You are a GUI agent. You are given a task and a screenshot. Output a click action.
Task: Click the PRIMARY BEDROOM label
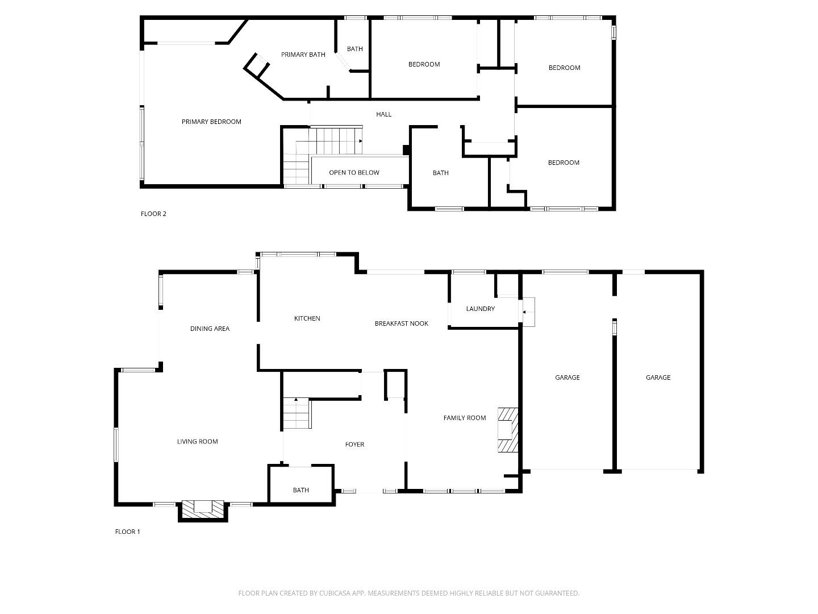click(x=211, y=122)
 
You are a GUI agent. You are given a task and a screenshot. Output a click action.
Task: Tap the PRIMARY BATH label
click(x=303, y=55)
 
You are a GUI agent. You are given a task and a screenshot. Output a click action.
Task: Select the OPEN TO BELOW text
click(x=354, y=173)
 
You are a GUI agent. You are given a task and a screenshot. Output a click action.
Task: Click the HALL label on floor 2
click(x=383, y=114)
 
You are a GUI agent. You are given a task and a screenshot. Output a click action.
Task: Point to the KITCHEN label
click(x=307, y=318)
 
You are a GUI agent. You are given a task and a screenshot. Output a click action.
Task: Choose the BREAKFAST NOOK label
click(x=401, y=323)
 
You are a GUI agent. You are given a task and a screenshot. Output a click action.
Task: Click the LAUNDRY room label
click(x=480, y=309)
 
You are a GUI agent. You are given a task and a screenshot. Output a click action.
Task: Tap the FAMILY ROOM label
click(x=464, y=418)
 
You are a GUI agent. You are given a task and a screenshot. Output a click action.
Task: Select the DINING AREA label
click(x=210, y=329)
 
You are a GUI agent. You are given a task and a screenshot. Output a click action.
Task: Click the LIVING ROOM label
click(x=197, y=442)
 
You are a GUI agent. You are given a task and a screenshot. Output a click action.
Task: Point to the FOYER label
click(x=354, y=445)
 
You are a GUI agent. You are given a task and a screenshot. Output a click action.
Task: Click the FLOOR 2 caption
click(x=153, y=214)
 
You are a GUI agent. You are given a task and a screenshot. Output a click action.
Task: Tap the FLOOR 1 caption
click(x=127, y=532)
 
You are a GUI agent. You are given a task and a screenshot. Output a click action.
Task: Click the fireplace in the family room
click(x=508, y=430)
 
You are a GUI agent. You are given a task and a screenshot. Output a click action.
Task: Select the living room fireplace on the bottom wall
click(x=203, y=509)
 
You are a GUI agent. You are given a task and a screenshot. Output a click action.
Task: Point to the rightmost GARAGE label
click(x=658, y=377)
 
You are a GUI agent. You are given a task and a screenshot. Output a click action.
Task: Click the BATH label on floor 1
click(x=301, y=490)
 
